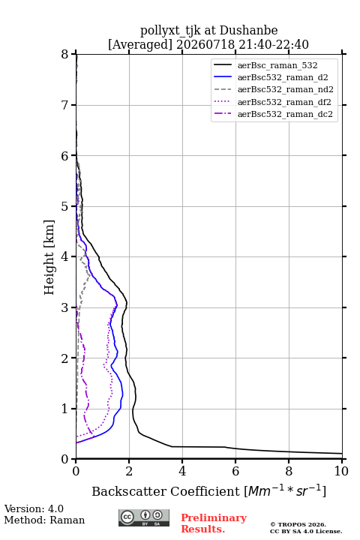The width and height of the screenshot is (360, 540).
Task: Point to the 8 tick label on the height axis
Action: click(x=65, y=55)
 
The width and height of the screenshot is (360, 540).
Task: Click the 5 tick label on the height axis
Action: click(x=65, y=206)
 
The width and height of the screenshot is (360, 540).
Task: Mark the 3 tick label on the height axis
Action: click(x=65, y=307)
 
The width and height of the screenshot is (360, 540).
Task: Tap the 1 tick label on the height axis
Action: click(x=65, y=409)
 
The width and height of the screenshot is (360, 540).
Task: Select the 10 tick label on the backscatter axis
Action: click(x=341, y=471)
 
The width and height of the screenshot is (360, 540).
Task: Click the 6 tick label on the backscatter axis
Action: click(x=235, y=471)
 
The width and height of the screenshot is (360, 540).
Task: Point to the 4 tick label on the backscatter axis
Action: click(x=182, y=471)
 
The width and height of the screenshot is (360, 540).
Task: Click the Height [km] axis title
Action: click(x=49, y=257)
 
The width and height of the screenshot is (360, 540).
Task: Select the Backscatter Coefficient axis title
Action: click(x=208, y=490)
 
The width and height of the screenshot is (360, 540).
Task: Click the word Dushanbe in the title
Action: click(x=248, y=30)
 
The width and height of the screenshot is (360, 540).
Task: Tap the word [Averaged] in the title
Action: click(x=139, y=44)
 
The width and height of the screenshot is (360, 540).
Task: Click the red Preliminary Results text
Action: click(x=214, y=523)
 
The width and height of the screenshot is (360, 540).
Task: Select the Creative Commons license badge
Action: click(x=144, y=517)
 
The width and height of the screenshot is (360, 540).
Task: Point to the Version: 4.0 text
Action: click(x=34, y=508)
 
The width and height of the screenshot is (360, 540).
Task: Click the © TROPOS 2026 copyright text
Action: click(x=298, y=524)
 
